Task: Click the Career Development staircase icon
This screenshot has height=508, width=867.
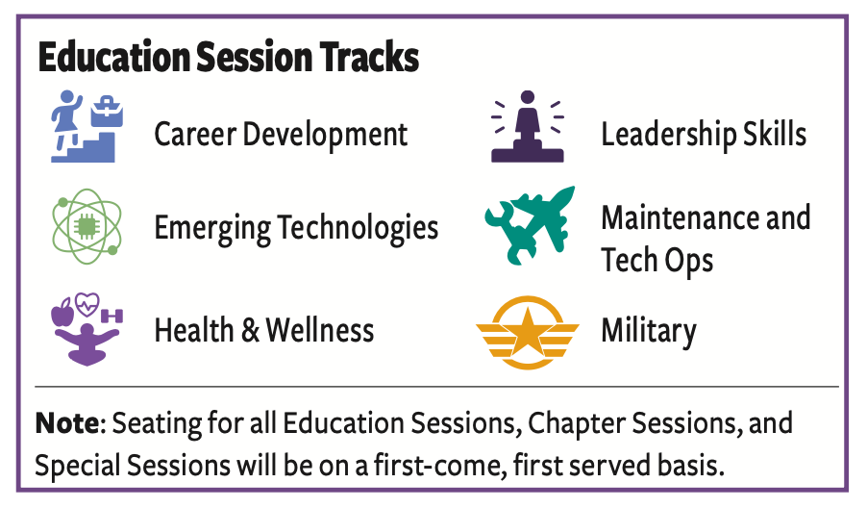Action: point(87,126)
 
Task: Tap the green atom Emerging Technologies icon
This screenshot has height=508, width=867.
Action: point(87,226)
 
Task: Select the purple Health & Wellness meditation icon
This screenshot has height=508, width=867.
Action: point(87,329)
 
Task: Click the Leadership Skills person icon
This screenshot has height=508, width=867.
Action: point(528,126)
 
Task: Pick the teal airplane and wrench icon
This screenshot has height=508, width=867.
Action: point(530,226)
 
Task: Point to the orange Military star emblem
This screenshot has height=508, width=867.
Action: point(528,333)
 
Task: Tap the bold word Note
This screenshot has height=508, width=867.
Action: point(67,423)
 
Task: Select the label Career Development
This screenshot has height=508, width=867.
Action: point(281,135)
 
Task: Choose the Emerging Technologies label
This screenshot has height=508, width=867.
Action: point(296,228)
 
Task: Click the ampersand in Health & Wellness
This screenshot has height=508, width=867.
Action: point(250,330)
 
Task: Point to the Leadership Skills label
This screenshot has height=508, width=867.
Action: point(704,134)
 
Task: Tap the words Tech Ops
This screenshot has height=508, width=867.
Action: point(656,261)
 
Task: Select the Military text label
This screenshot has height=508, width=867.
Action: point(649,332)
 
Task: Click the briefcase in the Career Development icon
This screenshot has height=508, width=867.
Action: point(108,112)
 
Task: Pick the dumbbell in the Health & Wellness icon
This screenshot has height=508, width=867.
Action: point(112,316)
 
